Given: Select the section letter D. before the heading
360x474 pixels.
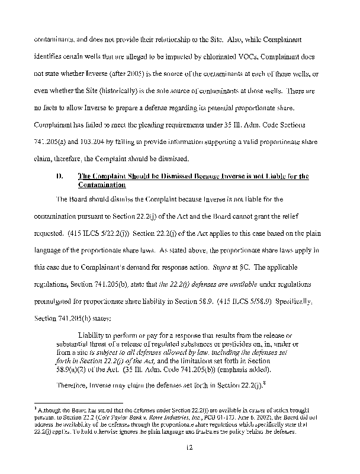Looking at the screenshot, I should pos(59,177).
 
